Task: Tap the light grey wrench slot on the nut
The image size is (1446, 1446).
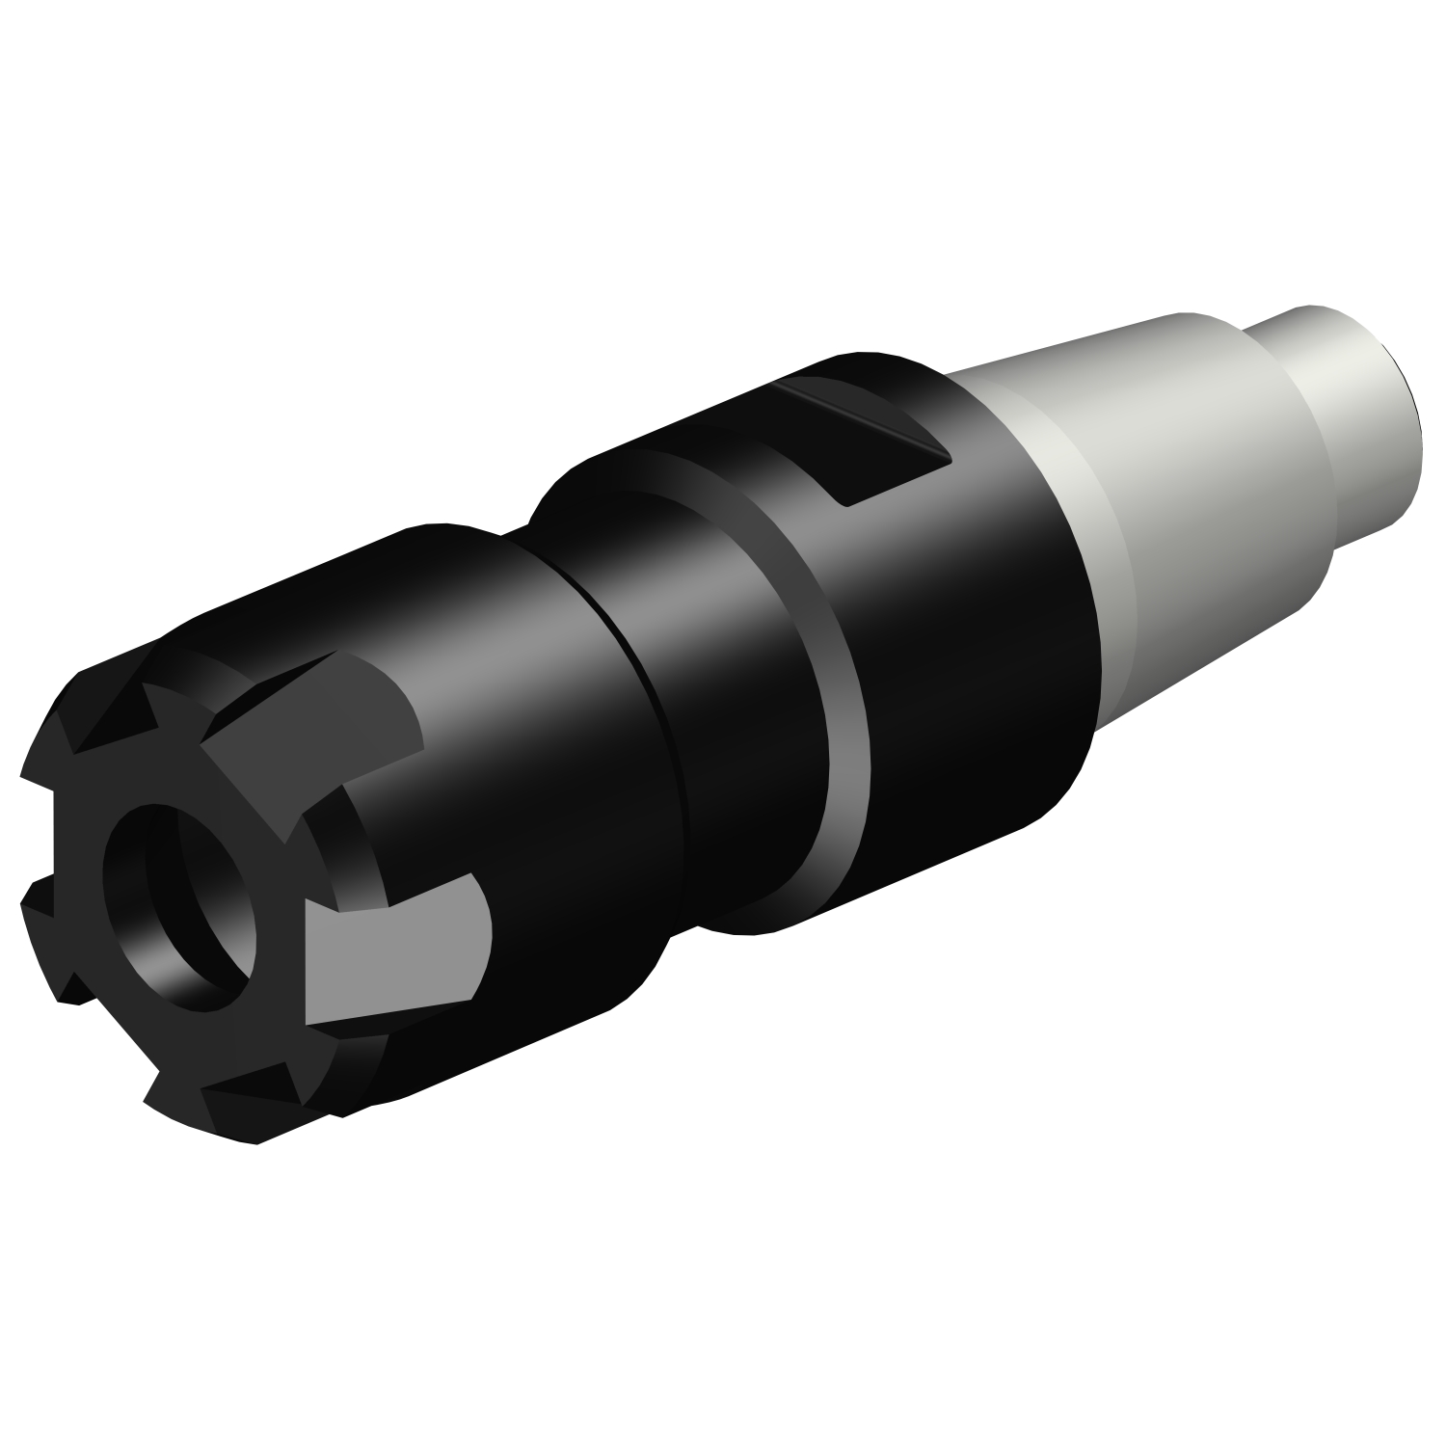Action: click(x=395, y=950)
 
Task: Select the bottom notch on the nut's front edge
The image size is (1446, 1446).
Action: click(x=174, y=1089)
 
